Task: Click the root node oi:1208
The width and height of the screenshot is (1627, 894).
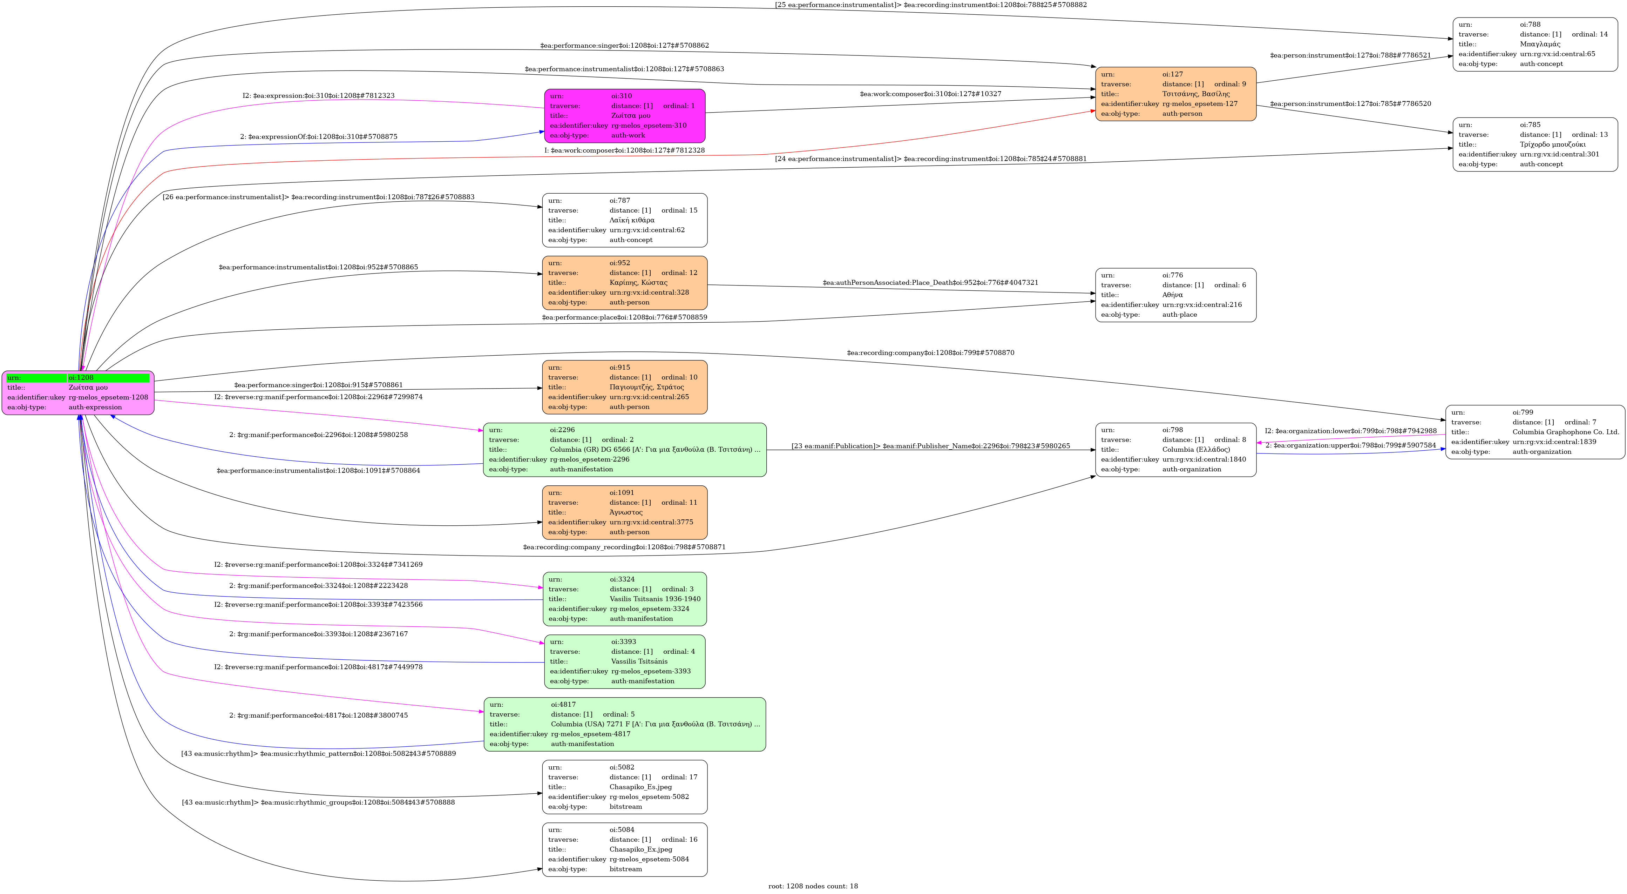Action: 78,392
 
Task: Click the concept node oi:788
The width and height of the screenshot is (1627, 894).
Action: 1535,44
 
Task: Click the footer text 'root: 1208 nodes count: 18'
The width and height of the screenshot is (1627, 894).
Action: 813,886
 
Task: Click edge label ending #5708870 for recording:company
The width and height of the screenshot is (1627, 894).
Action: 930,352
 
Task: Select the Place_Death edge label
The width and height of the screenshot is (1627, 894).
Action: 930,282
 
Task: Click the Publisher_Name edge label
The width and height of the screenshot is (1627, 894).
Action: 930,446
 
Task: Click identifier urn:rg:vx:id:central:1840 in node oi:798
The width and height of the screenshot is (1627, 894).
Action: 1204,459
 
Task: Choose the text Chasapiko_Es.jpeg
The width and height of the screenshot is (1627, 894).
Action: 640,787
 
